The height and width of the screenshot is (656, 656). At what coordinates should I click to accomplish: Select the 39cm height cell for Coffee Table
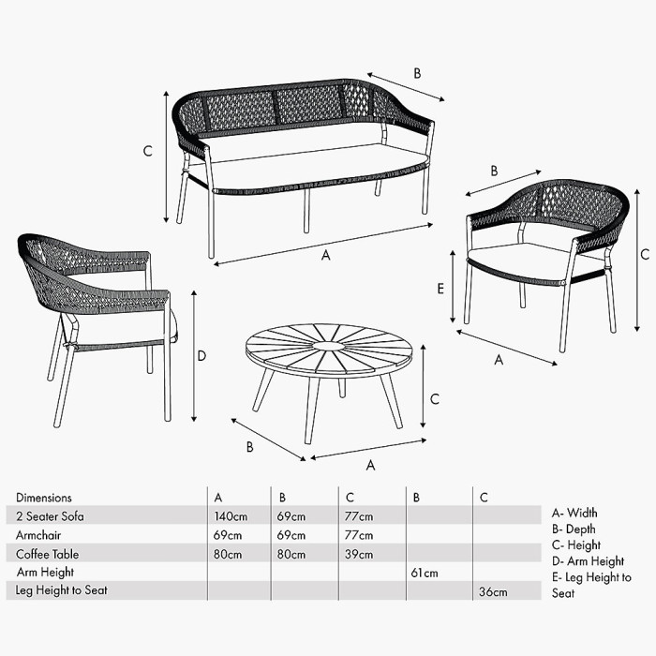(x=360, y=554)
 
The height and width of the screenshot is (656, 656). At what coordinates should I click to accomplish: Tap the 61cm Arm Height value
(x=425, y=573)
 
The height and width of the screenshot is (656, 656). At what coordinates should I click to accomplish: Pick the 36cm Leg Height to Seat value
(x=493, y=591)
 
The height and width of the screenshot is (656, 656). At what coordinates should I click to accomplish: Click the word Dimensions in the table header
(x=43, y=498)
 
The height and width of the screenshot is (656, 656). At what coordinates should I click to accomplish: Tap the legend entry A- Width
(x=574, y=513)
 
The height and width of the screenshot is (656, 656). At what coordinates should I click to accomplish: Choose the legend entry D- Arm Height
(x=588, y=561)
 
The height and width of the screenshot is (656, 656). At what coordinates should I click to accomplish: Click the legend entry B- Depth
(x=574, y=529)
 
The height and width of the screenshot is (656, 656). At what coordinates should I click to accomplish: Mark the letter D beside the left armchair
(x=201, y=355)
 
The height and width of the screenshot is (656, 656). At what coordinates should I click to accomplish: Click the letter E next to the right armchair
(x=440, y=289)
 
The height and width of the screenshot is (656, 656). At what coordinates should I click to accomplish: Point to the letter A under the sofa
(x=326, y=255)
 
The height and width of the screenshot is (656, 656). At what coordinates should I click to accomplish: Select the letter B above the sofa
(x=417, y=73)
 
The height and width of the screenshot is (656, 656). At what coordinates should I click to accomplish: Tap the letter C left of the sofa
(x=147, y=151)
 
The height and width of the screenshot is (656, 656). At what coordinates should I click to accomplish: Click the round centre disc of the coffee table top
(x=330, y=347)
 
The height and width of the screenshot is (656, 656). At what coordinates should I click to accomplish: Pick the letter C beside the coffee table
(x=434, y=397)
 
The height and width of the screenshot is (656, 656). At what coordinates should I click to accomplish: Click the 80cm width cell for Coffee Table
(x=228, y=554)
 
